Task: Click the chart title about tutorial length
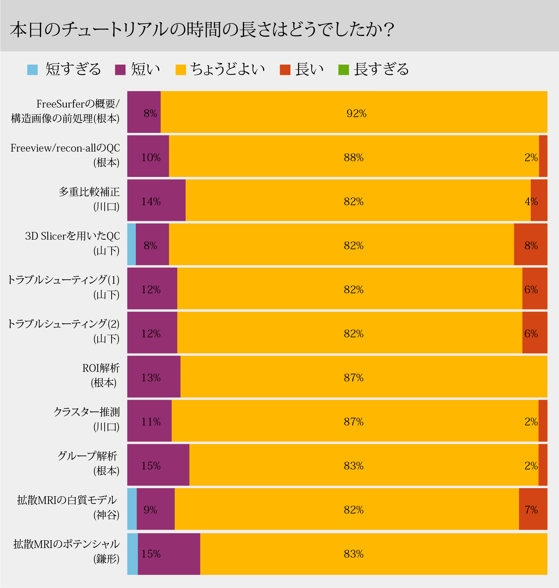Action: (x=202, y=29)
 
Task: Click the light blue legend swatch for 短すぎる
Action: (x=33, y=69)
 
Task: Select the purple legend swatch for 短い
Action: (x=120, y=69)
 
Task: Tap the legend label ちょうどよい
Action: (x=228, y=69)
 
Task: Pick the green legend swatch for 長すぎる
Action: (x=344, y=69)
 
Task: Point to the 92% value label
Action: (x=356, y=113)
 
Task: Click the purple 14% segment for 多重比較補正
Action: (x=156, y=200)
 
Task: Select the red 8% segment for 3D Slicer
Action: (x=530, y=244)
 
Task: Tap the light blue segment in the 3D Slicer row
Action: (x=131, y=244)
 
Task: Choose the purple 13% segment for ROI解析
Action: (x=154, y=377)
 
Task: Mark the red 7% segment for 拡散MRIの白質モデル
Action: (x=533, y=509)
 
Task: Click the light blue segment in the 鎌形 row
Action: (x=133, y=554)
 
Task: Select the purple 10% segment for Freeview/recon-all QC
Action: (x=148, y=156)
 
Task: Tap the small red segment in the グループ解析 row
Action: (x=543, y=465)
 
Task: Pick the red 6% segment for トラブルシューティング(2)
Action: (x=534, y=333)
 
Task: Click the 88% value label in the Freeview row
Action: (x=353, y=157)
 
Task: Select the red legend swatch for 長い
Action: (x=285, y=69)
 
